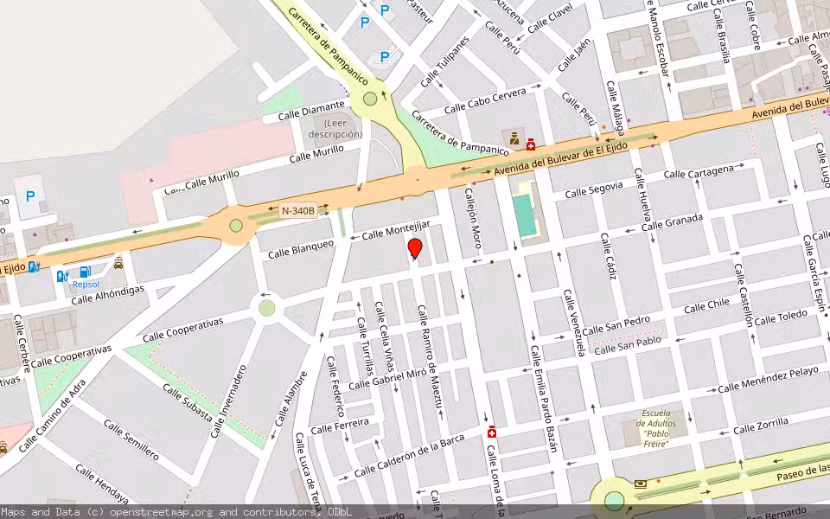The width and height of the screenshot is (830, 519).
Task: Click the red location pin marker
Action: coord(415,249)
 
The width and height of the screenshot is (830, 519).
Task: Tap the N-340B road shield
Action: coord(298,209)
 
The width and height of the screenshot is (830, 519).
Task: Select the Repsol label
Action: coord(86,284)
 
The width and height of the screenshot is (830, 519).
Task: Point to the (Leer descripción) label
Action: coord(335,128)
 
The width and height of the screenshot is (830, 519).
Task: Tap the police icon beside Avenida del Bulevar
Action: coord(514,138)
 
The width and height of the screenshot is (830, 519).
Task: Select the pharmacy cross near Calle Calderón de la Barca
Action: coord(491,432)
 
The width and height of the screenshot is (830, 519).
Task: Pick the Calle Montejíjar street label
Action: coord(395,229)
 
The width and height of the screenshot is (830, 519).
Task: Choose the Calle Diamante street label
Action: coord(310,107)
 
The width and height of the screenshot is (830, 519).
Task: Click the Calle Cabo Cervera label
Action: coord(485,101)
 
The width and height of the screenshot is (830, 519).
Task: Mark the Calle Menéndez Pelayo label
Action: coord(768,380)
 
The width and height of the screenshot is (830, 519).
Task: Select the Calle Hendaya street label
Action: coord(102,484)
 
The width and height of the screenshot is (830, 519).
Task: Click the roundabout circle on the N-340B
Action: coord(236,226)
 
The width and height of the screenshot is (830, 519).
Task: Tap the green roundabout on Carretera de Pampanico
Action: coord(370,99)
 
